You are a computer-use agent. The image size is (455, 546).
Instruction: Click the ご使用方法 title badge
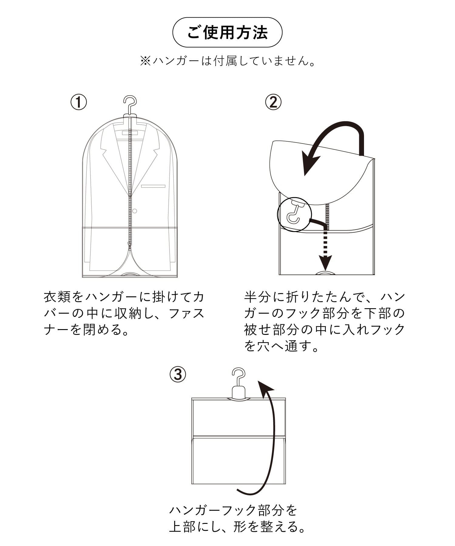(x=227, y=32)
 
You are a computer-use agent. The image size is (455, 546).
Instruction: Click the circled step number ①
(x=79, y=102)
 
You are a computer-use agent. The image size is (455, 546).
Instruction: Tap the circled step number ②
(x=273, y=102)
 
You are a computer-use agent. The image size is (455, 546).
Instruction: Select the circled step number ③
(x=178, y=374)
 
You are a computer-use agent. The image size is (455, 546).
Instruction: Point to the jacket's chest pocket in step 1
(x=153, y=186)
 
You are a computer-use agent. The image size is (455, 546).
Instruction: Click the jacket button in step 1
(x=135, y=211)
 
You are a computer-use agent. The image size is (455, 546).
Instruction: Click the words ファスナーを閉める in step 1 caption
(x=124, y=321)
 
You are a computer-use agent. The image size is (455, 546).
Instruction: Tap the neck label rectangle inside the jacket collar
(x=130, y=133)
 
